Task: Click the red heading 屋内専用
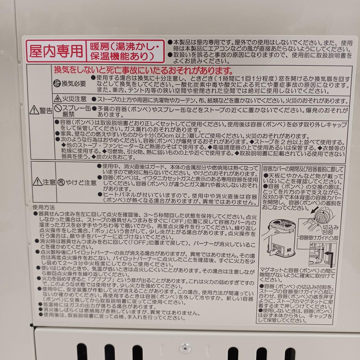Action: (x=56, y=51)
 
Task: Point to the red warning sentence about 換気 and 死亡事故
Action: (x=143, y=70)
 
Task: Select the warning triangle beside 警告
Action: (x=34, y=110)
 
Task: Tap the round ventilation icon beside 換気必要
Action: (x=57, y=84)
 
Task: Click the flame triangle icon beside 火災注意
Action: (x=58, y=98)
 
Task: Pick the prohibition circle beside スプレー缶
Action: (x=58, y=108)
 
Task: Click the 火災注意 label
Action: (x=74, y=99)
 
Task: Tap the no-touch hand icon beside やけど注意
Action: (x=61, y=183)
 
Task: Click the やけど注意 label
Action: (x=81, y=183)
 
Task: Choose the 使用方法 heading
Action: (x=44, y=207)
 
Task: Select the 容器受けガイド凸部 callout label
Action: (x=319, y=238)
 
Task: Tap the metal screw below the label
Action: (x=184, y=347)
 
